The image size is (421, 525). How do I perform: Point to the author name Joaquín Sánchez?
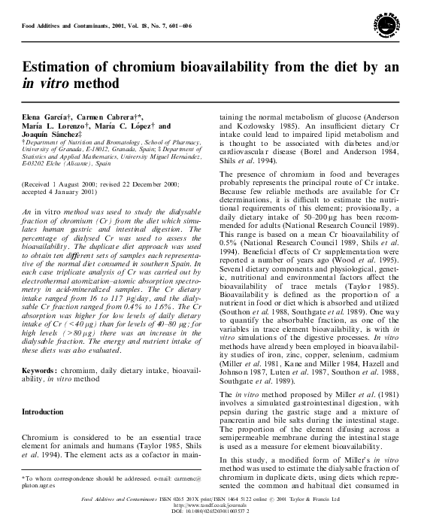(x=49, y=135)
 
